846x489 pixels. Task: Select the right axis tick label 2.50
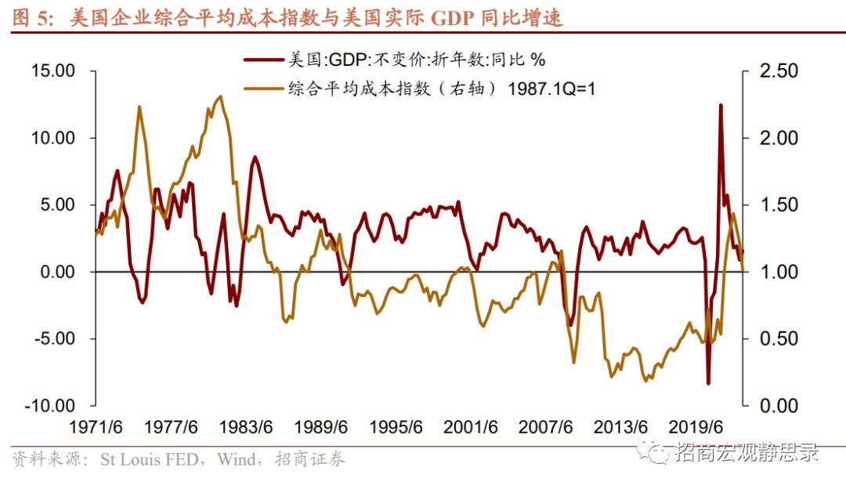click(x=779, y=71)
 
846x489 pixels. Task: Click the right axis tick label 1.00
click(x=779, y=272)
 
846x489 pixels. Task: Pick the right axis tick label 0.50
click(x=779, y=339)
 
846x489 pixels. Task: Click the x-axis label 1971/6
click(x=96, y=428)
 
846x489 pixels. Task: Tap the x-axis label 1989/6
click(x=320, y=428)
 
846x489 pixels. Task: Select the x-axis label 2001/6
click(x=471, y=428)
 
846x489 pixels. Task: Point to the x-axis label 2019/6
click(x=695, y=428)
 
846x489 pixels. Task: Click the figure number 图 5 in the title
click(x=31, y=17)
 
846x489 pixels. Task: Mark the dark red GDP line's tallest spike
click(x=720, y=105)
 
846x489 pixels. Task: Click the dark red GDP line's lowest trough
click(x=708, y=383)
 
